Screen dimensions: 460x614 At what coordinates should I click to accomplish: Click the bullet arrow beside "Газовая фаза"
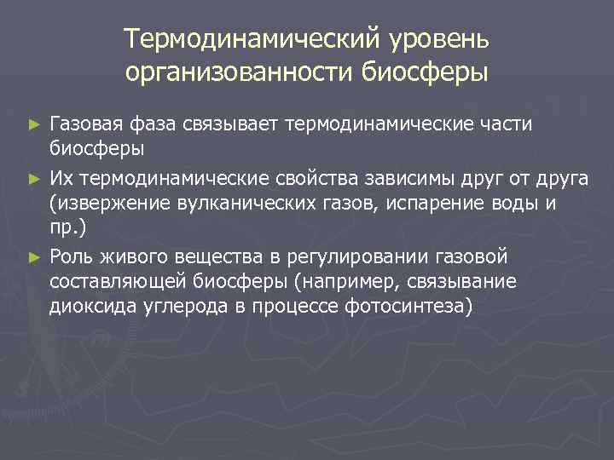tap(33, 125)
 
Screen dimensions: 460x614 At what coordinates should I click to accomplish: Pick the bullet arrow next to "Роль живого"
tap(33, 256)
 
